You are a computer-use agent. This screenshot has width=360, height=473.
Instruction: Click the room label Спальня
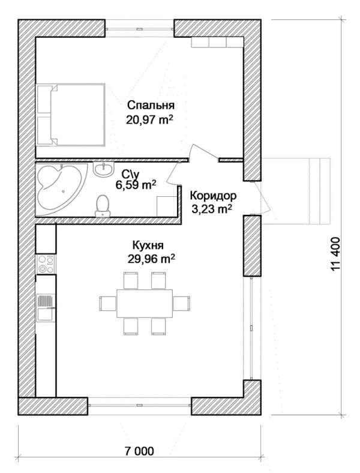(151, 106)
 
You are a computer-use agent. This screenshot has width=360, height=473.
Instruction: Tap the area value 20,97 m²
(150, 120)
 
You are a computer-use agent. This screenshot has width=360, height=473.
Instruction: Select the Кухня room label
(148, 246)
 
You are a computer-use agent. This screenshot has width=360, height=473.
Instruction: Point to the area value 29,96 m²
(151, 259)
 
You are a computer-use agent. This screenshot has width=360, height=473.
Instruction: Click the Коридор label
(213, 196)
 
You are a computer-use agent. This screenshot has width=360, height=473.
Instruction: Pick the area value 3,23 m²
(212, 209)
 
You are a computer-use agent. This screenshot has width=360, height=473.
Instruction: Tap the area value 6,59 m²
(136, 185)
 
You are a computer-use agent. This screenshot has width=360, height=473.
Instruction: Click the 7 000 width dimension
(139, 451)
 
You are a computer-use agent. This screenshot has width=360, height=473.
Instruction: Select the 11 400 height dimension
(335, 254)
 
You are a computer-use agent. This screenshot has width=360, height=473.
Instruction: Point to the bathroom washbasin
(103, 169)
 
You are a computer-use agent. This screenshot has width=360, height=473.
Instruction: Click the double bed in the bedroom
(71, 115)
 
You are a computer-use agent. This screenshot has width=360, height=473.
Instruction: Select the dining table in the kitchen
(145, 303)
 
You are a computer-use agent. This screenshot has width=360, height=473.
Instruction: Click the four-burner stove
(46, 264)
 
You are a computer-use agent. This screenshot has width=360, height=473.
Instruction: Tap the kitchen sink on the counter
(46, 307)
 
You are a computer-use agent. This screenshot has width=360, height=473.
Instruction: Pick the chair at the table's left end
(108, 303)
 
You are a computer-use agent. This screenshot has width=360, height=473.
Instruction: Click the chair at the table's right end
(182, 303)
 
